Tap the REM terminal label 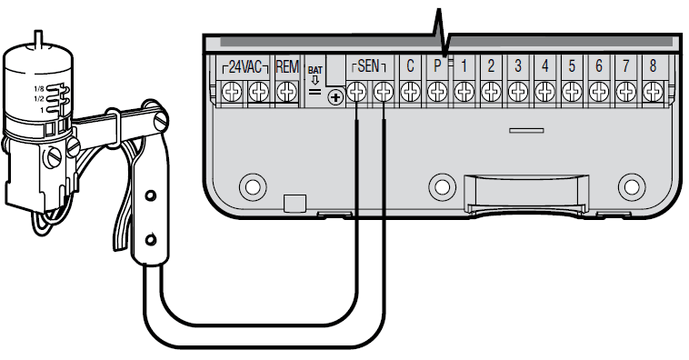287,66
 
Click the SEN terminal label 369,66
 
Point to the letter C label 410,66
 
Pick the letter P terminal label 437,66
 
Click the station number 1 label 464,66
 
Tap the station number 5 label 571,66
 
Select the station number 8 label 652,66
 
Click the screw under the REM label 287,92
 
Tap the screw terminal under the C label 410,92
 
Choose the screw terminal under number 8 652,92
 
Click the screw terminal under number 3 517,92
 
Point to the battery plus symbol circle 335,95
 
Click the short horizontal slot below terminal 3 521,131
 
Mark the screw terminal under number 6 598,92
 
